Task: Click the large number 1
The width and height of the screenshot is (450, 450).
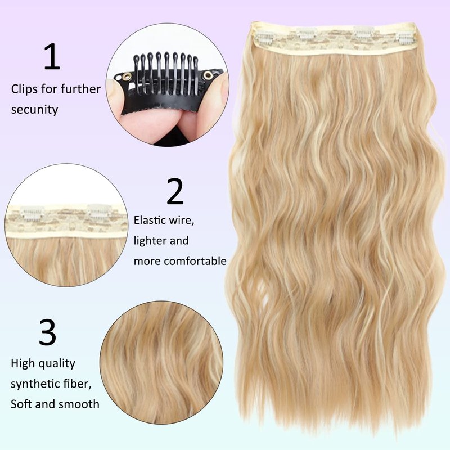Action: (52, 56)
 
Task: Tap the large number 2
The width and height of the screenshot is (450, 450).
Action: (175, 191)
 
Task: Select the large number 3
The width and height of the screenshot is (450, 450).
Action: (48, 332)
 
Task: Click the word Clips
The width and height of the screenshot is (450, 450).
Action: (24, 89)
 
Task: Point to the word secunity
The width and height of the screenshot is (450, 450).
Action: (34, 109)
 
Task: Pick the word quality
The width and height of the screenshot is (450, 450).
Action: (56, 364)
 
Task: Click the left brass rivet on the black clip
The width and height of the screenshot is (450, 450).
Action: (127, 76)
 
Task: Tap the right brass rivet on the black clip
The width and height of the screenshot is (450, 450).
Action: (208, 75)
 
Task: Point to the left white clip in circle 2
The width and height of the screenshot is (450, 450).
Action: (32, 213)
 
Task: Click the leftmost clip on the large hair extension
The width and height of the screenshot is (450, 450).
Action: (264, 37)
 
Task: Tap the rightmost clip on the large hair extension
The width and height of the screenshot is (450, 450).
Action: (404, 38)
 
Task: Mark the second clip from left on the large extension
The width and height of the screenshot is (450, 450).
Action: (307, 33)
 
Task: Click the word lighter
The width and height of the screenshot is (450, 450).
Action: (150, 241)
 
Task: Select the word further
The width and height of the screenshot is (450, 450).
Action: (81, 89)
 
